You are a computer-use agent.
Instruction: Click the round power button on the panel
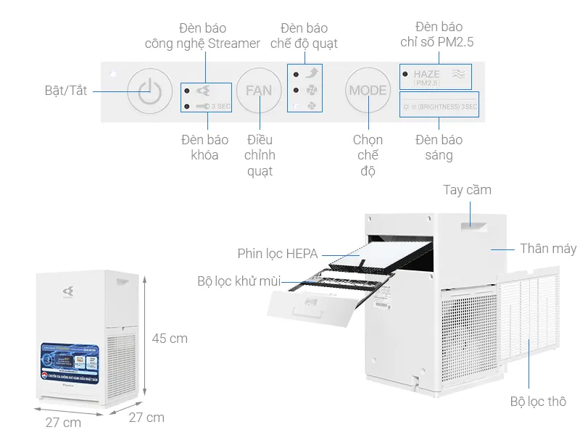[x=149, y=91]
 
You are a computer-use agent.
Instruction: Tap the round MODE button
[x=368, y=91]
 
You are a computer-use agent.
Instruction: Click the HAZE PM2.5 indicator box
[x=436, y=75]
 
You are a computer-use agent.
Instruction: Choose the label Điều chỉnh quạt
[x=260, y=155]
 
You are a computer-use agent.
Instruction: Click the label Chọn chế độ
[x=368, y=155]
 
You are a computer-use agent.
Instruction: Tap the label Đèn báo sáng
[x=439, y=147]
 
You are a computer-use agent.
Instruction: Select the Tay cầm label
[x=467, y=190]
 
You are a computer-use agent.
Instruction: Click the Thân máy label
[x=548, y=249]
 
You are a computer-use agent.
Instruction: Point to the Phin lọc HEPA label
[x=278, y=254]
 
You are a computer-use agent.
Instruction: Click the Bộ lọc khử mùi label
[x=239, y=281]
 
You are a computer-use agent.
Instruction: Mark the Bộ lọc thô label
[x=538, y=402]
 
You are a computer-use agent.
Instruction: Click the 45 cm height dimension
[x=170, y=339]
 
